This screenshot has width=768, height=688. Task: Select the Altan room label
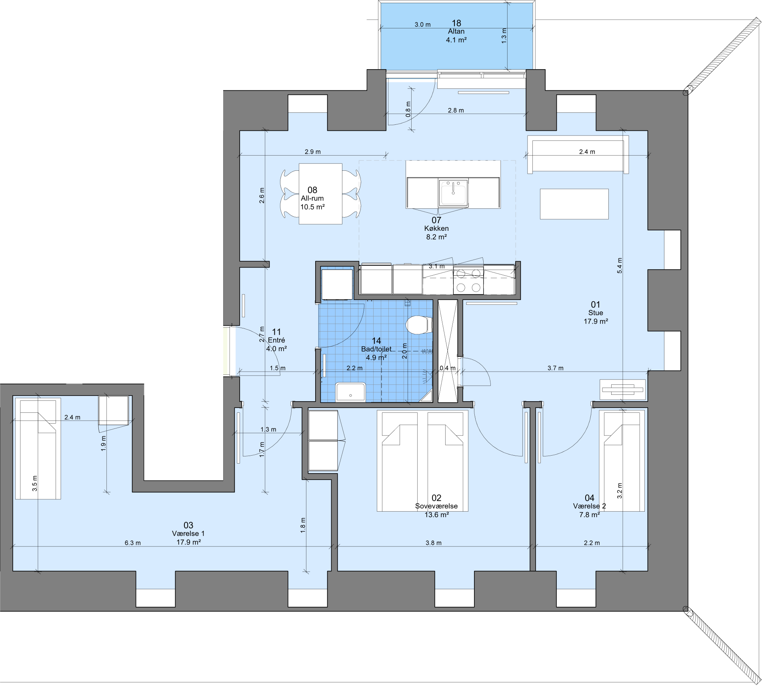tap(456, 31)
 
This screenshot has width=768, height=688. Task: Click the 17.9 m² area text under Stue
tap(596, 321)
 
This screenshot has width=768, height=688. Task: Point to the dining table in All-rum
tap(320, 194)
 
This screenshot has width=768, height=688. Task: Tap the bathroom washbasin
tap(350, 392)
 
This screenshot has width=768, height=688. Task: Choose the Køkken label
tap(436, 228)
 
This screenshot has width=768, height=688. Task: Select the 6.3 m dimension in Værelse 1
tap(132, 543)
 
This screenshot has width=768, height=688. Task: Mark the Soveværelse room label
tap(436, 506)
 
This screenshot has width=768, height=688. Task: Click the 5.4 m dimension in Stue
tap(620, 266)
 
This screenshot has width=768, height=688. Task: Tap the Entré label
tap(276, 340)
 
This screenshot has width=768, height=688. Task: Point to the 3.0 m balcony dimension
tap(422, 24)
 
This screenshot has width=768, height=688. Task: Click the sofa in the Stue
tap(578, 154)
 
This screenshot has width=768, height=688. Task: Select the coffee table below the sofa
tap(574, 204)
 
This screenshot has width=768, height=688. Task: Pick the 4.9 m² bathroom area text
tap(376, 358)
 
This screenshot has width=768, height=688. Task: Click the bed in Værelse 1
tap(38, 448)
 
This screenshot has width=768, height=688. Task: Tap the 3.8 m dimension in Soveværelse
tap(434, 543)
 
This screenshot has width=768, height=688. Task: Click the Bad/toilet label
tap(376, 349)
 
